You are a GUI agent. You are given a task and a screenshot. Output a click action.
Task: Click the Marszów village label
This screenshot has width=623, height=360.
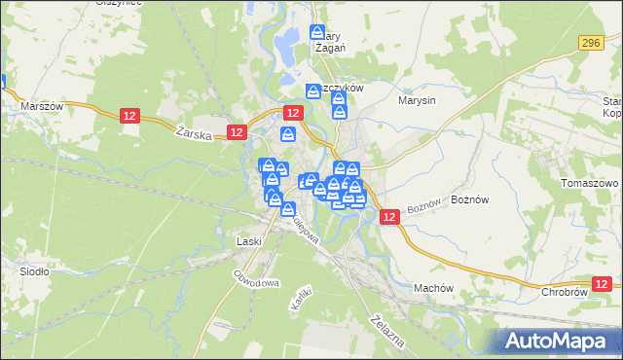42,106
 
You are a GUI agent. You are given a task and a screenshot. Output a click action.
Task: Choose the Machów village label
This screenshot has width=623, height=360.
434,288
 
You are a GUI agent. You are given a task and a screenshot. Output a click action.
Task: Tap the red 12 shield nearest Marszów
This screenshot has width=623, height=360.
132,116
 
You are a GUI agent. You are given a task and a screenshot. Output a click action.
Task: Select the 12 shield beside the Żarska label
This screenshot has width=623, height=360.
236,131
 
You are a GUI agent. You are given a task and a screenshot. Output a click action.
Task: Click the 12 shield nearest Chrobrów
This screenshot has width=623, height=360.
605,283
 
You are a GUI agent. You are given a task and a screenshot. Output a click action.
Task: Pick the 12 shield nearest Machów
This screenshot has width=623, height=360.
388,219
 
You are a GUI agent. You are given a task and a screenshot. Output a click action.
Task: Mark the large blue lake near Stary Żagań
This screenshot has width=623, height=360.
287,41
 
